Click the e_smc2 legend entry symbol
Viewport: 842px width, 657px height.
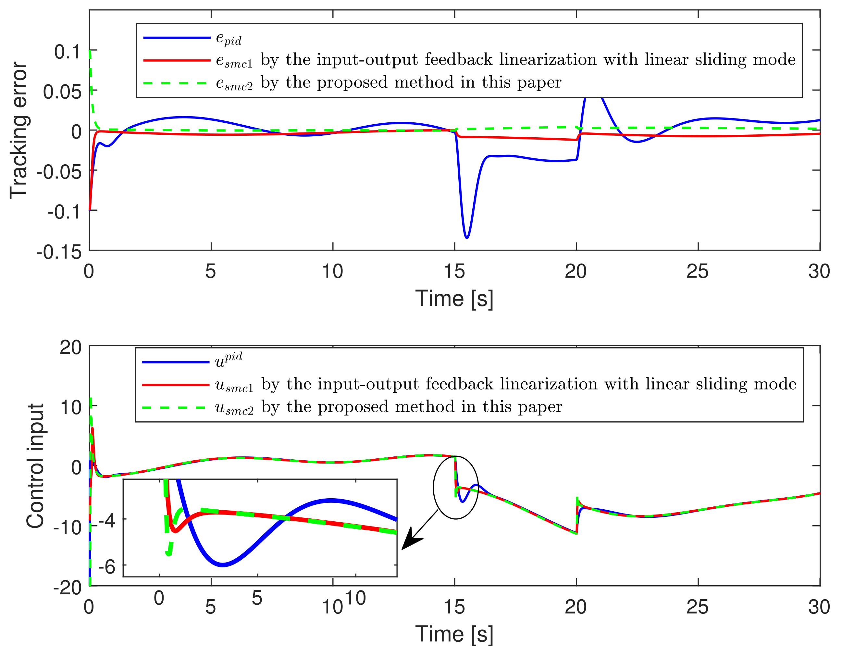pyautogui.click(x=177, y=83)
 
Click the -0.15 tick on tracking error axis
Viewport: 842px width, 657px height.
pyautogui.click(x=59, y=252)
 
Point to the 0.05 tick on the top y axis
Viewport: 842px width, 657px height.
pyautogui.click(x=62, y=92)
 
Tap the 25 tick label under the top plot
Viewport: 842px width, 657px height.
pyautogui.click(x=698, y=271)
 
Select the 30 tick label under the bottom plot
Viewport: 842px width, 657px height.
pyautogui.click(x=819, y=607)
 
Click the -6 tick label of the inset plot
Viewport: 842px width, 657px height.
pyautogui.click(x=107, y=567)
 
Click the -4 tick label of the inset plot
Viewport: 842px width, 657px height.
pyautogui.click(x=107, y=521)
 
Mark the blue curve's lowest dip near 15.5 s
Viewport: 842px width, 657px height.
pyautogui.click(x=467, y=238)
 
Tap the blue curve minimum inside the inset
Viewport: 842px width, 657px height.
pyautogui.click(x=222, y=565)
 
